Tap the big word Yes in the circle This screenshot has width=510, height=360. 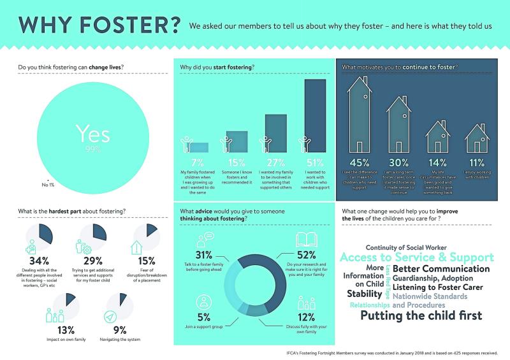click(93, 133)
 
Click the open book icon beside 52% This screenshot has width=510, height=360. click(303, 240)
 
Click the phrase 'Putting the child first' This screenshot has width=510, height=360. click(421, 315)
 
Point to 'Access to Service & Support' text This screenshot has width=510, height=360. click(417, 257)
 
